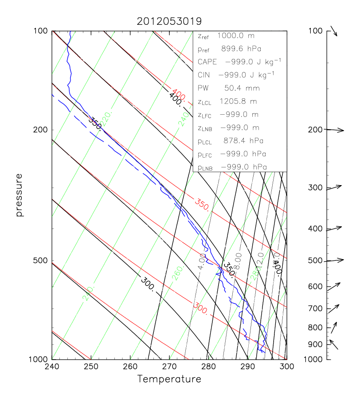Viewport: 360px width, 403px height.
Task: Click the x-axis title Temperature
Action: [169, 379]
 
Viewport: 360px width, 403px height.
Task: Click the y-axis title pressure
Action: [19, 195]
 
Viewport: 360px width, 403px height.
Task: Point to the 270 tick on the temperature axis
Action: [169, 367]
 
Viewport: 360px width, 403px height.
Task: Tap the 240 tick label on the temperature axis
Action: [52, 367]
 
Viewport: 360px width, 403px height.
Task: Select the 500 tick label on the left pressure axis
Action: [41, 261]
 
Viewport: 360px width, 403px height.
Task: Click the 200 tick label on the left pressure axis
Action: [41, 130]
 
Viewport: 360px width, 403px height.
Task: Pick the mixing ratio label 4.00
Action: [202, 262]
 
